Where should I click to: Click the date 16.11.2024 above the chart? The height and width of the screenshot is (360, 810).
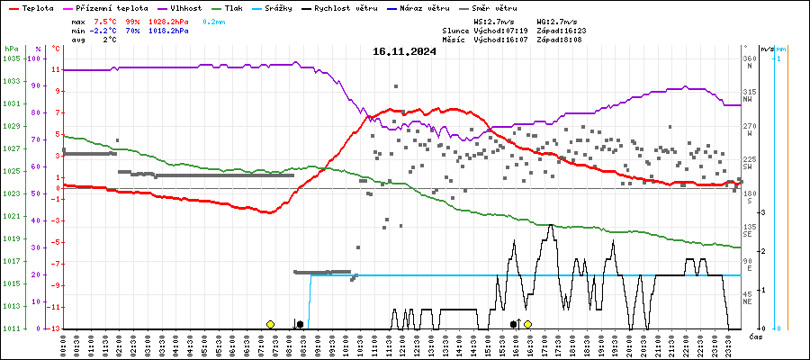404,51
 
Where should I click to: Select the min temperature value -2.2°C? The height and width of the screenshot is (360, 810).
106,31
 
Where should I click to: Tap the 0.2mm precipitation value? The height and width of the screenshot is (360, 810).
213,21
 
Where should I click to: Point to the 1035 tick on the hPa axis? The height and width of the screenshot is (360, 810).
11,58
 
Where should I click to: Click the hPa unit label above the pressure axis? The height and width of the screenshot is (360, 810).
11,49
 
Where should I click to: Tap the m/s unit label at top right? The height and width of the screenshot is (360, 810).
767,49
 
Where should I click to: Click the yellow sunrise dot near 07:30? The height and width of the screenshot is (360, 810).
270,324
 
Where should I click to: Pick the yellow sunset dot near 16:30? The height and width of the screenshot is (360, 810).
528,324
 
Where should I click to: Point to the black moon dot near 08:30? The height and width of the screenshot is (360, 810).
300,324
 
